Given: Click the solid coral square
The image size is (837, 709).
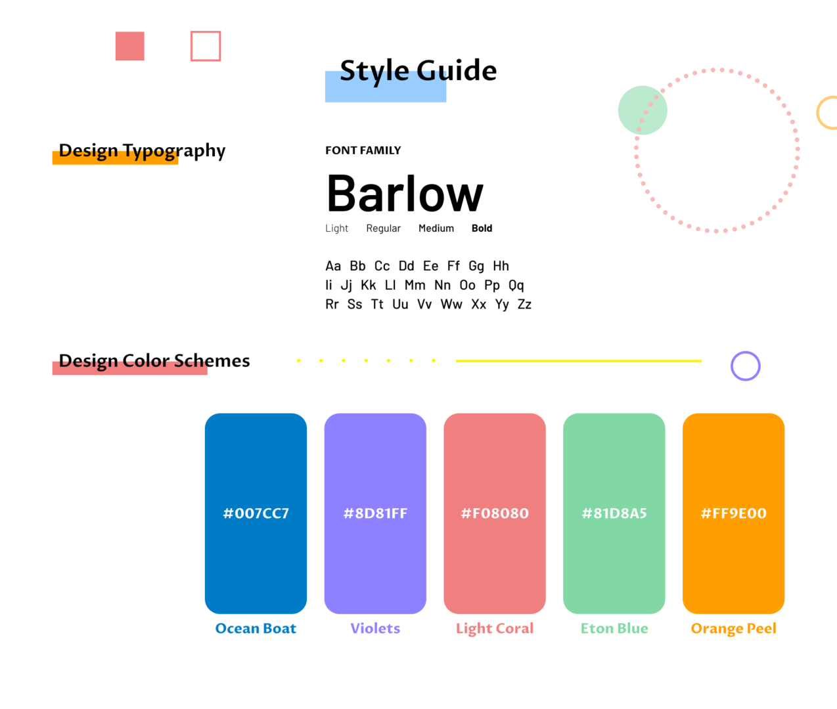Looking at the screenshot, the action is pos(129,46).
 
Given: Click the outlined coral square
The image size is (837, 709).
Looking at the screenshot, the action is pos(206,32).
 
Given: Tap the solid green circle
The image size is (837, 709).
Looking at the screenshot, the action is pos(643,110).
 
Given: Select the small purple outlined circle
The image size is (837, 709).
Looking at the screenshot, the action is pos(745,352).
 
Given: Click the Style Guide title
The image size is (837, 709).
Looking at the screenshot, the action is pos(418,71).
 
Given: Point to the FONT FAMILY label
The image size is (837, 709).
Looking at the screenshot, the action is pos(363,150).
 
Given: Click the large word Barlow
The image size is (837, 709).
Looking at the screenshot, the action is pos(405,193).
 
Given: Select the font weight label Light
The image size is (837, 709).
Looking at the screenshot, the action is pos(336,228).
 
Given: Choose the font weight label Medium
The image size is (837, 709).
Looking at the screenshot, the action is pos(436,228).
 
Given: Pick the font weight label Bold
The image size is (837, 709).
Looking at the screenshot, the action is pos(482,228).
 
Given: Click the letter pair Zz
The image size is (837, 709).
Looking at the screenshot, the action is pos(524,304).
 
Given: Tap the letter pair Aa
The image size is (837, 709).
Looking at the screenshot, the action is pos(333,266).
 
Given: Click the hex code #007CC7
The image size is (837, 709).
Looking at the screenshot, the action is pos(256,513).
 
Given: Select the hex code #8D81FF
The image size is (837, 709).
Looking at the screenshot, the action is pos(375,513).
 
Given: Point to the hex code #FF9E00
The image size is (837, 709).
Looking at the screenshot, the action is pos(734,513).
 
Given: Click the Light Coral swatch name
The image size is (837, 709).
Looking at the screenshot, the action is pos(495,628).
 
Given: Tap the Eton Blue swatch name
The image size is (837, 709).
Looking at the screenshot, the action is pos(614,628).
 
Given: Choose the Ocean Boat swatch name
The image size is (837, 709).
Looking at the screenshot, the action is pos(256,628).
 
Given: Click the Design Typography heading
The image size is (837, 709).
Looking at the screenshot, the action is pos(142,151).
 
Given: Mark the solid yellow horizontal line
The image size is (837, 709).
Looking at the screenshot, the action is pos(579,361).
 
